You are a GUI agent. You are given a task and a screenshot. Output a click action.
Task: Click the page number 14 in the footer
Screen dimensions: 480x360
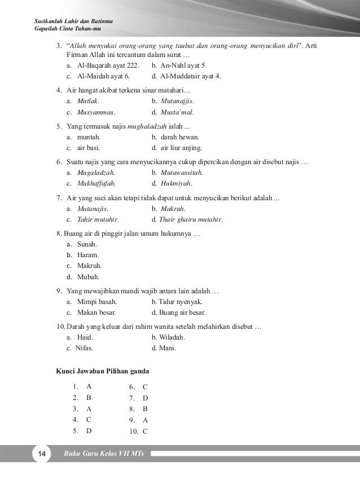(41, 455)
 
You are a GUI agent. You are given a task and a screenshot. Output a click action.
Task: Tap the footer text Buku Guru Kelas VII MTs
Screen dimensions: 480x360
(104, 455)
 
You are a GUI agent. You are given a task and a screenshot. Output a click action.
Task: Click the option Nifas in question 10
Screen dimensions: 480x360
(85, 348)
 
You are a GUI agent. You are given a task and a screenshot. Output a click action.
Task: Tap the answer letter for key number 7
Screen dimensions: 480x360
(145, 398)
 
